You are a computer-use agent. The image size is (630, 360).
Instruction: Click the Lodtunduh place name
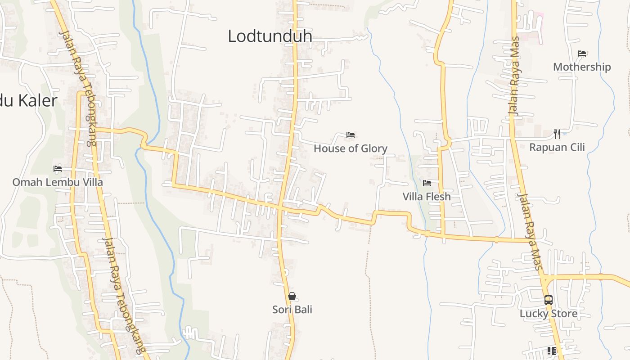(x=270, y=36)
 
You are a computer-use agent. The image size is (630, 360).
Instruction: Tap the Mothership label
(x=582, y=67)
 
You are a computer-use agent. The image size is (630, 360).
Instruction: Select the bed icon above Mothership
(x=582, y=54)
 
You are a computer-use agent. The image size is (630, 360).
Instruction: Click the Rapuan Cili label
(x=557, y=147)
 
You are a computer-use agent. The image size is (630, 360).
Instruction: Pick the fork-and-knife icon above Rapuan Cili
(x=557, y=134)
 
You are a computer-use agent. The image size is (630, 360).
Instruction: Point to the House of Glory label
(x=351, y=148)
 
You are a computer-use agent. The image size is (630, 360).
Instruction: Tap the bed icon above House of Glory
(x=351, y=135)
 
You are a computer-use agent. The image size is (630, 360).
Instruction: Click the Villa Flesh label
(x=427, y=197)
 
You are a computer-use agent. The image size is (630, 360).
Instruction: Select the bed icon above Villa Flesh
(x=427, y=183)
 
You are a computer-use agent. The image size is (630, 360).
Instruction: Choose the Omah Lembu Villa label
(x=58, y=182)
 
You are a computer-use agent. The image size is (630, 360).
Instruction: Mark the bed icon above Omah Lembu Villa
(x=58, y=169)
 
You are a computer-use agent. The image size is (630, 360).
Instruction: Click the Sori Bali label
(x=292, y=310)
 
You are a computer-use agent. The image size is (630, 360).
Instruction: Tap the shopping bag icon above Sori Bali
(x=292, y=296)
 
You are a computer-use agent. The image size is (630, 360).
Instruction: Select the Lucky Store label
(x=549, y=314)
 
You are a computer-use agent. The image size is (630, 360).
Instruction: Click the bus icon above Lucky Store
(x=549, y=300)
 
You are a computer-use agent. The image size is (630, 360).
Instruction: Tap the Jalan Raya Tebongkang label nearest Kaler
(x=79, y=88)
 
